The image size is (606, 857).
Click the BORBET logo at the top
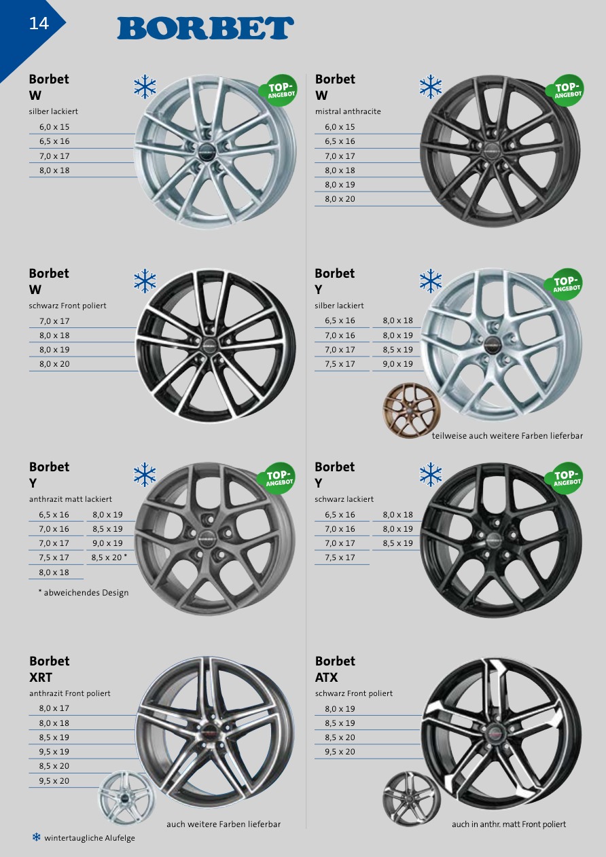tap(206, 28)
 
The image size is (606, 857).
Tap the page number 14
tap(39, 24)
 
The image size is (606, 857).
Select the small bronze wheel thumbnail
tap(412, 410)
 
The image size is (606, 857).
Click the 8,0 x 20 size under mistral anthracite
tap(340, 199)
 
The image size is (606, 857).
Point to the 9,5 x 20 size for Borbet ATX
tap(340, 752)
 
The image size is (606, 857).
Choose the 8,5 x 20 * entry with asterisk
tap(109, 558)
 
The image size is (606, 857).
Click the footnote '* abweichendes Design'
tap(84, 593)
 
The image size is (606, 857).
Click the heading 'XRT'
tap(41, 678)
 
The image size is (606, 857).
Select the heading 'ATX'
tap(326, 678)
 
